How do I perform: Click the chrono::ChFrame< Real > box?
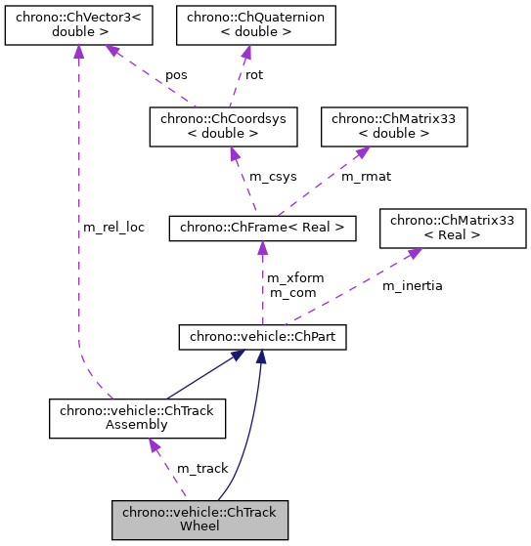pyautogui.click(x=261, y=229)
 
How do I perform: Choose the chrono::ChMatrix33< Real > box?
pyautogui.click(x=453, y=229)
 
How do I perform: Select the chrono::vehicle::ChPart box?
pyautogui.click(x=262, y=338)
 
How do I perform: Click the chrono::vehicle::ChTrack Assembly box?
pyautogui.click(x=138, y=418)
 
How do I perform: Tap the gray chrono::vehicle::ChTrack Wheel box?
pyautogui.click(x=199, y=520)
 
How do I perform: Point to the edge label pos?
pyautogui.click(x=177, y=74)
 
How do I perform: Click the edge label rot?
pyautogui.click(x=254, y=74)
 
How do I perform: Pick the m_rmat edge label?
pyautogui.click(x=364, y=176)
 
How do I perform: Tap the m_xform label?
pyautogui.click(x=295, y=278)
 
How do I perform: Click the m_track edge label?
pyautogui.click(x=202, y=469)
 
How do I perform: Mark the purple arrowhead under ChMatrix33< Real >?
pyautogui.click(x=415, y=253)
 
